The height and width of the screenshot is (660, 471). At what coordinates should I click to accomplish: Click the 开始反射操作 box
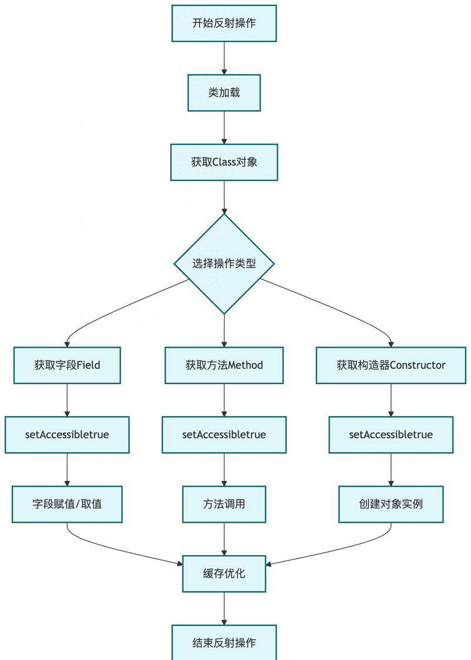[224, 24]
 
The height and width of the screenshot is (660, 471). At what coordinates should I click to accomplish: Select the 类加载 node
[224, 93]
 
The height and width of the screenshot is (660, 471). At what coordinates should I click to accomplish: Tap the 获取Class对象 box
[224, 162]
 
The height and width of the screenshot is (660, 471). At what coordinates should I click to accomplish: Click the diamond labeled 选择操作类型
[224, 263]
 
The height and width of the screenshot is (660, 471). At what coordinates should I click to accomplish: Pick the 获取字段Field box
[67, 365]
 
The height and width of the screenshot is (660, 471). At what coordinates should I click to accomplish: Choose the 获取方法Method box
[224, 365]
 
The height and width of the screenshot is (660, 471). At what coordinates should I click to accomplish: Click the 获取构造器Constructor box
[391, 365]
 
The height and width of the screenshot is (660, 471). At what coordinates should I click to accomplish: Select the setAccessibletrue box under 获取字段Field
[67, 435]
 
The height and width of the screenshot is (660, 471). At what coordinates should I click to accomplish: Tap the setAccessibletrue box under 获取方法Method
[224, 435]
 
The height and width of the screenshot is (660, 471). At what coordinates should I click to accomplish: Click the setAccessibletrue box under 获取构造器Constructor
[391, 435]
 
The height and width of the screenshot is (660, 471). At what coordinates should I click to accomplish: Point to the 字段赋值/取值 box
[67, 504]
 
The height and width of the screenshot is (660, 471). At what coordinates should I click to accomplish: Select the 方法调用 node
[224, 504]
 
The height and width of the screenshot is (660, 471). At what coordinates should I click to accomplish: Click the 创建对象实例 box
[391, 504]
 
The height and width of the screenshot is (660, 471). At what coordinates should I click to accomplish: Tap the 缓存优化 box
[224, 573]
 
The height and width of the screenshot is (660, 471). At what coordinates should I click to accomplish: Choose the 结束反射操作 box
[224, 642]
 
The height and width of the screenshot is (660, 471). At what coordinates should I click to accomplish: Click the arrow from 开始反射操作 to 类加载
[224, 58]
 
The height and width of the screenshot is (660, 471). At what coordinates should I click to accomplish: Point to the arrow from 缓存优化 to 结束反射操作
[224, 608]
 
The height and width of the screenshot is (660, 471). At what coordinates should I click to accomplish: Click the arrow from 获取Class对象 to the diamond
[224, 197]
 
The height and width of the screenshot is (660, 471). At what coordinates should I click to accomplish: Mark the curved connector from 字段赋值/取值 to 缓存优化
[118, 549]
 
